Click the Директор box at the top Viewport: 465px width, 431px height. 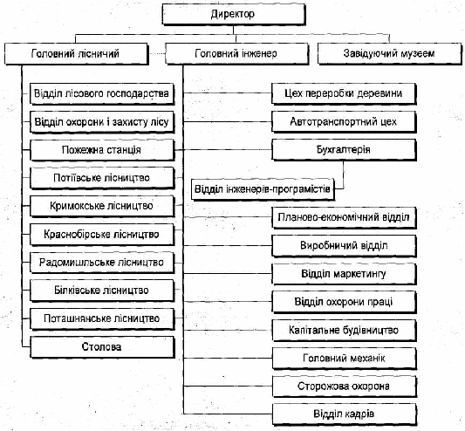pos(234,14)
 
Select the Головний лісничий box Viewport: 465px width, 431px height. pos(76,54)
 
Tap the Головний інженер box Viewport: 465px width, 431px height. pos(236,54)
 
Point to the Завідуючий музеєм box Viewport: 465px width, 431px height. pos(389,54)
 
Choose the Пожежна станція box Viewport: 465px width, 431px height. pos(102,150)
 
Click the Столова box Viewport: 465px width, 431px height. pos(102,346)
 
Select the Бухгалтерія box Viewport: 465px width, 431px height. pos(344,150)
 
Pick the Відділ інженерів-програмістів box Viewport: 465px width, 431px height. pos(263,189)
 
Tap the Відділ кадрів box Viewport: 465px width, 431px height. pos(344,414)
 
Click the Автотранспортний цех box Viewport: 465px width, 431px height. pos(344,121)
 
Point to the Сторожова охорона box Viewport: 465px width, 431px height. pos(344,387)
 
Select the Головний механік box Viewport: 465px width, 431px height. pos(344,359)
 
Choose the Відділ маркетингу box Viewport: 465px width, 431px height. pos(344,273)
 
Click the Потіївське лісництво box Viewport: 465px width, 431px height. pos(102,178)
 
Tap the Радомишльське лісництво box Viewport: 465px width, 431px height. pos(102,263)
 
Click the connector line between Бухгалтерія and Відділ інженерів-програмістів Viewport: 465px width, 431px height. pos(344,176)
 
